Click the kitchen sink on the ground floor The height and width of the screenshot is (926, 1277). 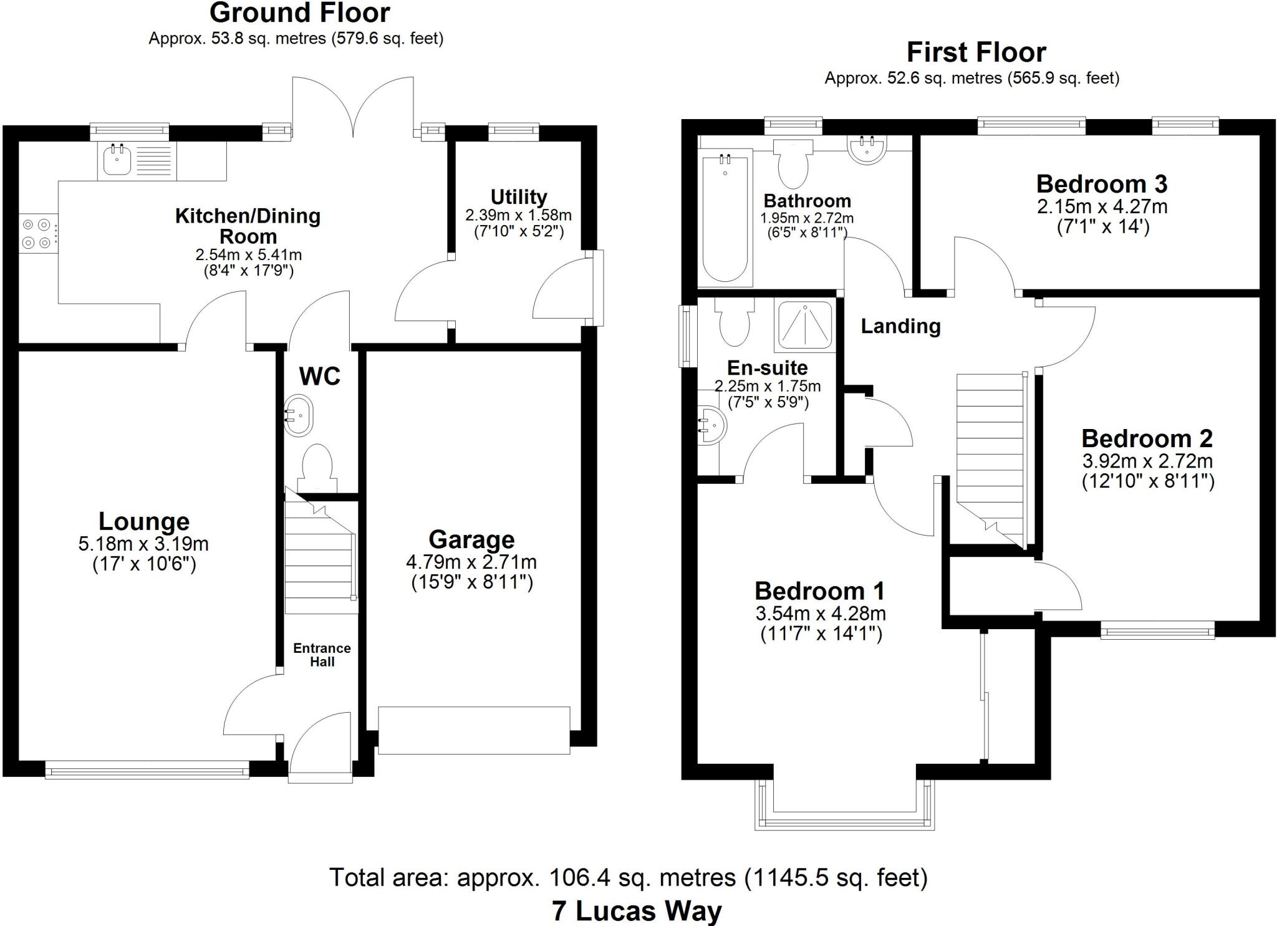(x=117, y=160)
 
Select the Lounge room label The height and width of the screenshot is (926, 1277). (x=143, y=521)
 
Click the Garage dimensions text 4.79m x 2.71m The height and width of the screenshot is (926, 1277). (x=471, y=562)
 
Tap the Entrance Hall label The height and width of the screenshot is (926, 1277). (x=322, y=655)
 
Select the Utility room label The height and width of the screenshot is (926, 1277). (x=518, y=197)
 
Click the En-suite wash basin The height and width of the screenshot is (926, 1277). (x=713, y=425)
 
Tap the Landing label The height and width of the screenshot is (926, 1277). (x=900, y=326)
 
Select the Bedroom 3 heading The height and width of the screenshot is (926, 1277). (x=1101, y=184)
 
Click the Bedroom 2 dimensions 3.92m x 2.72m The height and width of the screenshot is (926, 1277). (x=1147, y=461)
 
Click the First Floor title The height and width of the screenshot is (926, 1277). (x=976, y=52)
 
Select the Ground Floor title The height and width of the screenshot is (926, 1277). (x=299, y=12)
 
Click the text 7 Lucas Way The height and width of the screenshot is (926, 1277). (x=636, y=910)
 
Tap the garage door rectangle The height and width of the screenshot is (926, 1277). (x=474, y=730)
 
